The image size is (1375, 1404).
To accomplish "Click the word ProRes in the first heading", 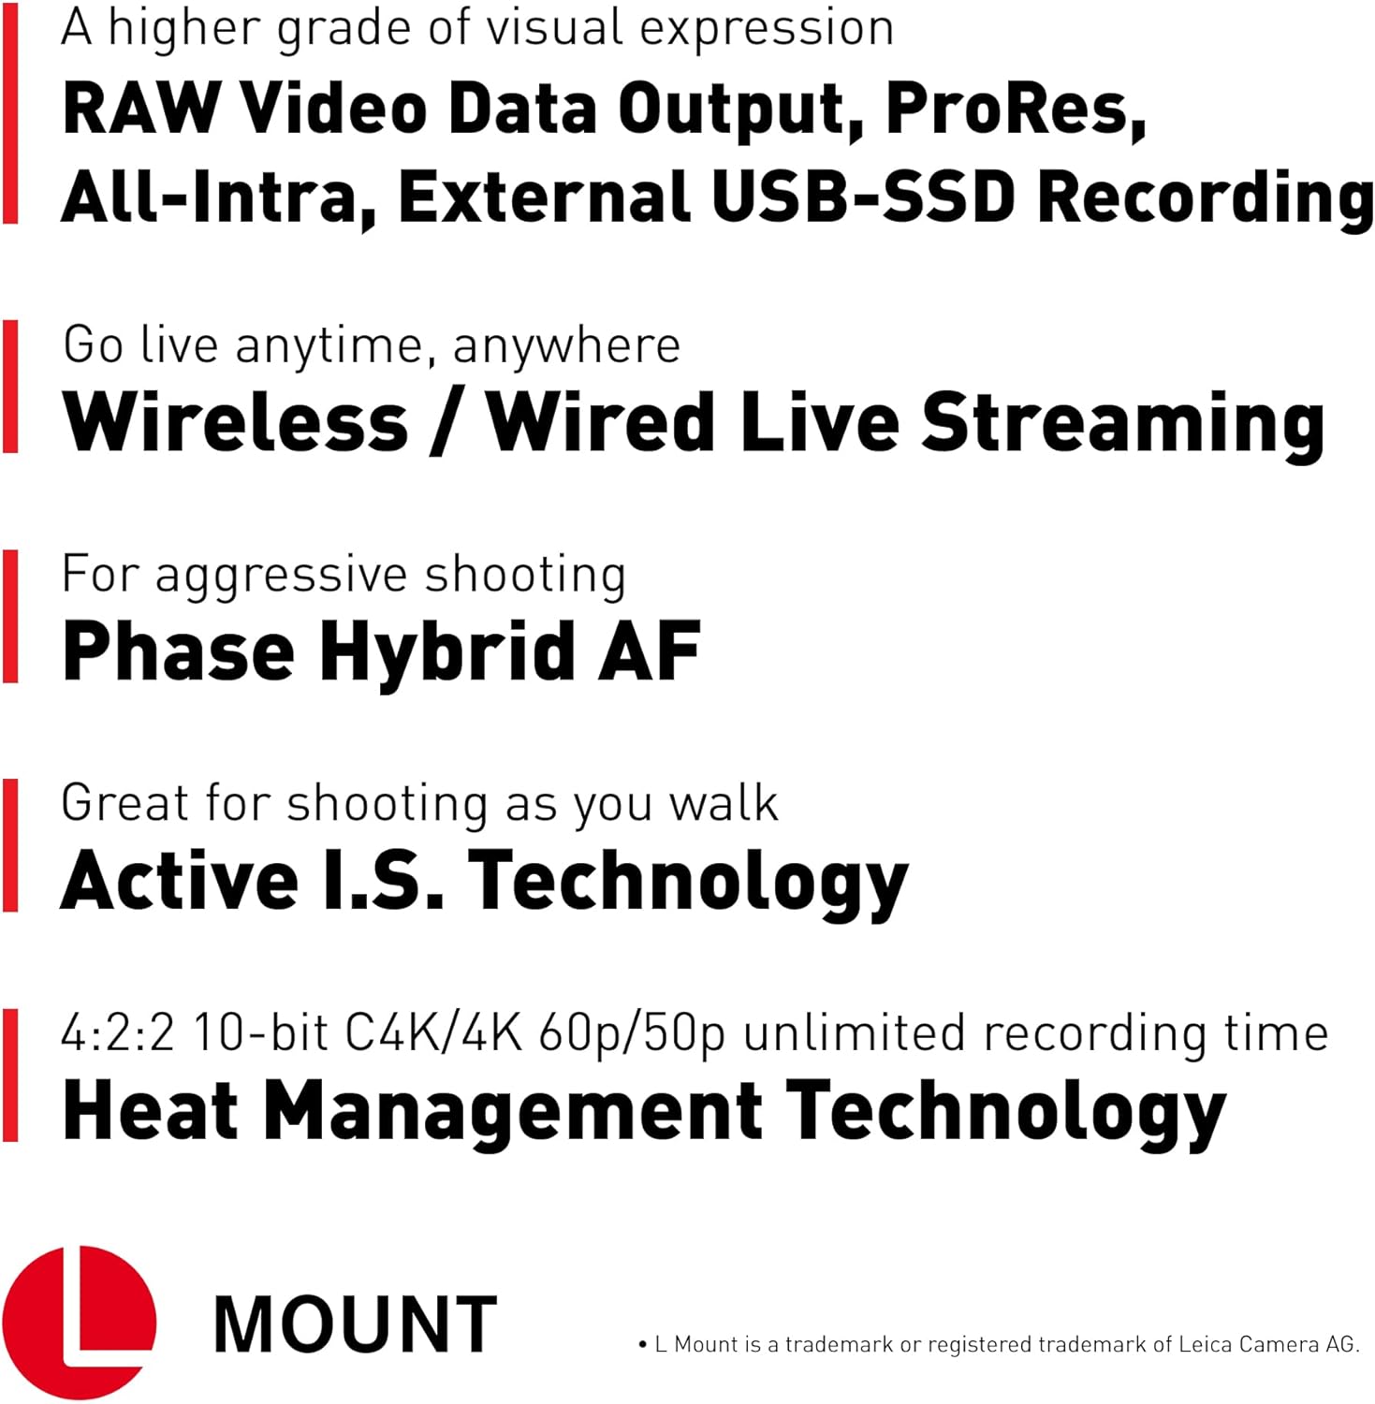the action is tap(1016, 110).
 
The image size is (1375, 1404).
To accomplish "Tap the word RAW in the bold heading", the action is tap(141, 109).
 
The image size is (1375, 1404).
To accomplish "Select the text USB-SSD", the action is tap(863, 197).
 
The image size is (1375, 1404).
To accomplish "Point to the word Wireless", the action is tap(236, 422).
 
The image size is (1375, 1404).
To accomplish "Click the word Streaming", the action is tap(1123, 426).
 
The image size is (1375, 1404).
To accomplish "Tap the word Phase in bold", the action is tap(179, 651).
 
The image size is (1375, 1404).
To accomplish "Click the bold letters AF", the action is tap(649, 651).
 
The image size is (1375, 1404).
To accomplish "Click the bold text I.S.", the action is tap(383, 880).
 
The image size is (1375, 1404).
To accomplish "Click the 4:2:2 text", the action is tap(118, 1034).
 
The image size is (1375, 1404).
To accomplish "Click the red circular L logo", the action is tap(79, 1323).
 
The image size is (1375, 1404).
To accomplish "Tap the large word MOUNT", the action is tap(356, 1324).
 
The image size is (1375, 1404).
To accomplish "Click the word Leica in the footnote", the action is tap(1205, 1344).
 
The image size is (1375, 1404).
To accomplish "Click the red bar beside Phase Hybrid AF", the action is tap(10, 616).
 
